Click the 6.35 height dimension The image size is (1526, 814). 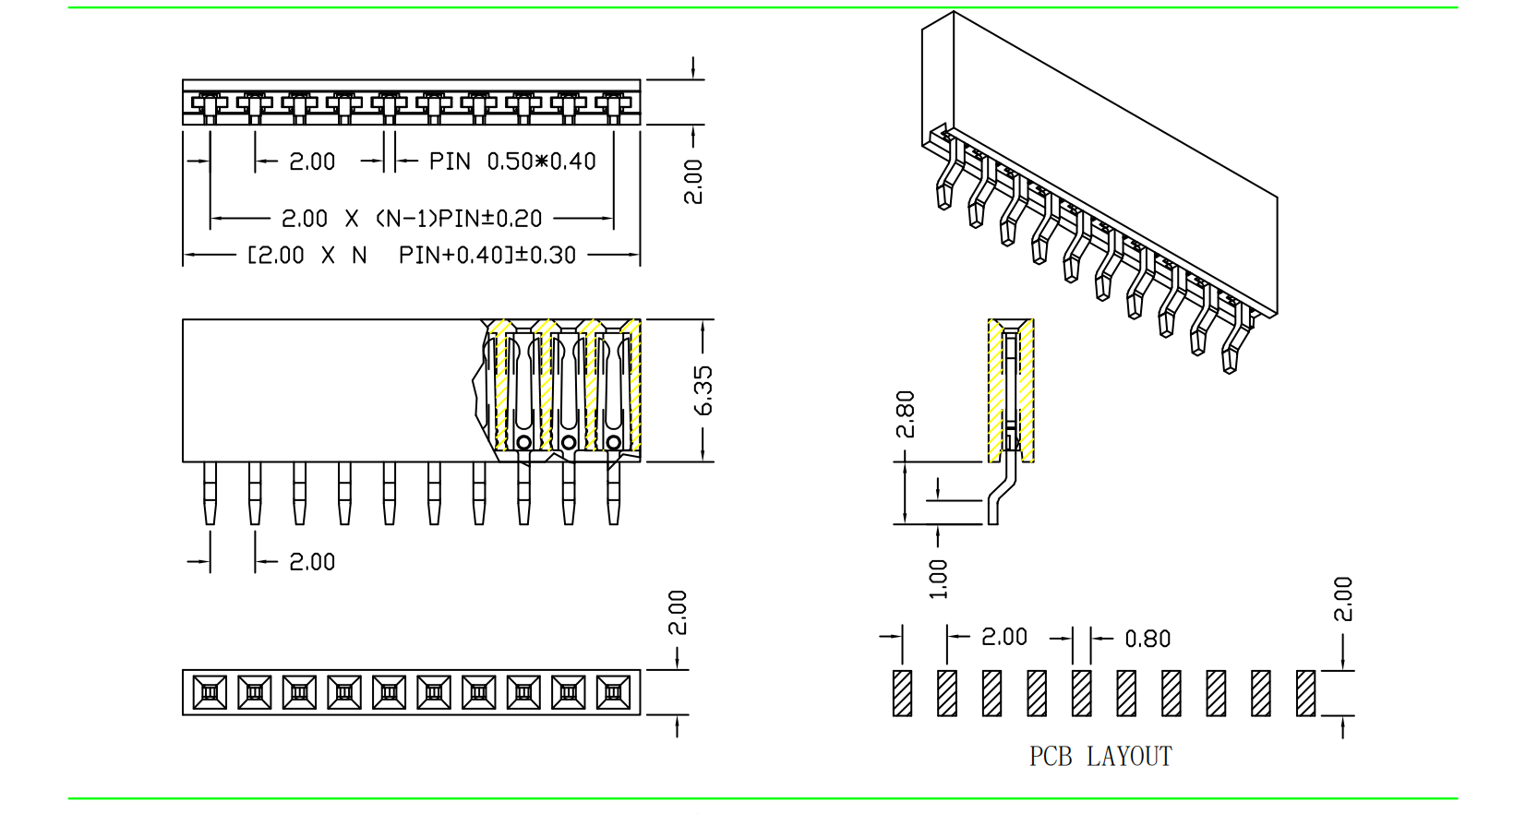[703, 390]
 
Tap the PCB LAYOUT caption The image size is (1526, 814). [1100, 756]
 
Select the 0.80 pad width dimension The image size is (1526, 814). [1148, 639]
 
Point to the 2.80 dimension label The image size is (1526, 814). [906, 413]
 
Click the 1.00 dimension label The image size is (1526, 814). [938, 579]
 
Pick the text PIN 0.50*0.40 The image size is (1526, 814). [512, 162]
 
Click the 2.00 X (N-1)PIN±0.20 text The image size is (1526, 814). [412, 219]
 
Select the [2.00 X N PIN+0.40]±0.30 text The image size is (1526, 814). [412, 256]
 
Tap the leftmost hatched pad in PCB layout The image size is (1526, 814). [902, 693]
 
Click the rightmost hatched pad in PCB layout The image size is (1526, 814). [1305, 693]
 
